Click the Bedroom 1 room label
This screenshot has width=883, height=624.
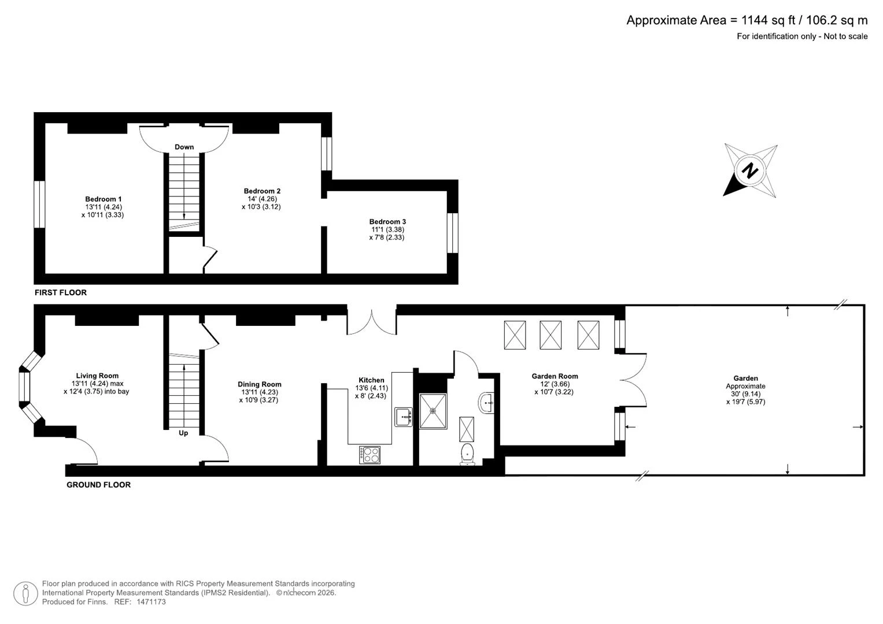coord(104,199)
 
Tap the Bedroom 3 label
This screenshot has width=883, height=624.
coord(387,221)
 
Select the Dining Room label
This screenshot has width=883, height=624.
coord(260,384)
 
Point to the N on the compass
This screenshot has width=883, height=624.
coord(749,171)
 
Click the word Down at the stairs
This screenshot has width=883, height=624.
coord(184,147)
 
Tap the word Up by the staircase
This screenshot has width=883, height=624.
coord(183,433)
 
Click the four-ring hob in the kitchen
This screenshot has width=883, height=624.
coord(370,455)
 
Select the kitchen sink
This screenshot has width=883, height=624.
coord(403,417)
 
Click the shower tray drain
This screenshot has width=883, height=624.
coord(433,411)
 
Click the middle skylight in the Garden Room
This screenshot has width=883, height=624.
coord(551,335)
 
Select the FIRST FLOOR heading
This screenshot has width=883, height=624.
coord(61,292)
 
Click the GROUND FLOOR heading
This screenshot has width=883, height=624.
coord(98,485)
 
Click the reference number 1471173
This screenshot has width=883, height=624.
coord(152,601)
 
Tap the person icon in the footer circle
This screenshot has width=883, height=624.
coord(25,594)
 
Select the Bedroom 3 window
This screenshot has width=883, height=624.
coord(453,233)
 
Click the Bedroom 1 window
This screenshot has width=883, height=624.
coord(39,204)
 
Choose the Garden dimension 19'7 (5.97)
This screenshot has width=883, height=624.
coord(746,402)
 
